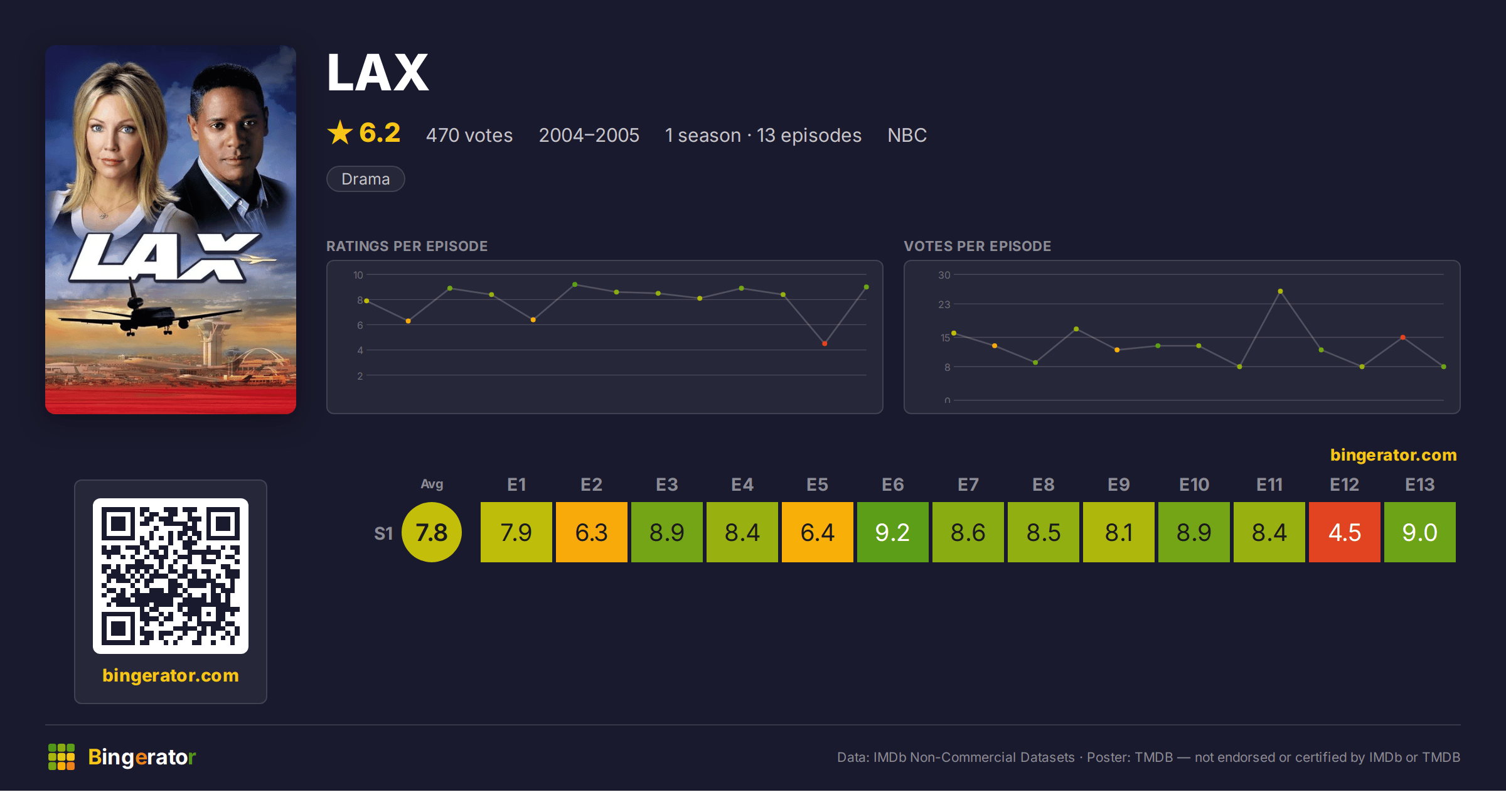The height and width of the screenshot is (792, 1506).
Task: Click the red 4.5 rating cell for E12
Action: (x=1344, y=532)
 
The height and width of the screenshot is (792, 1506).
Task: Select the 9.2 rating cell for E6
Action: (x=892, y=532)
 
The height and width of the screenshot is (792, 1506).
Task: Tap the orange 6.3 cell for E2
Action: (x=591, y=532)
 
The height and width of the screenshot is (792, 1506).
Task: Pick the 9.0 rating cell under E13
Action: (x=1419, y=532)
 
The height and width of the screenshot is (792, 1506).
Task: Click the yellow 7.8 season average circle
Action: (x=432, y=532)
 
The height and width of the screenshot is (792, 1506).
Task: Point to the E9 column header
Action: (x=1118, y=484)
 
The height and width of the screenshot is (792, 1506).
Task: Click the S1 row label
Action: (x=383, y=533)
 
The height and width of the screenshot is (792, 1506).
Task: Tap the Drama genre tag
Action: (x=366, y=179)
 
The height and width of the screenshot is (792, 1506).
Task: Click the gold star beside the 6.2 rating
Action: (x=340, y=132)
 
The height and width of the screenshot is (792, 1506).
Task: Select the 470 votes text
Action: (x=469, y=135)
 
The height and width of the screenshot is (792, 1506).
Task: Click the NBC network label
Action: (x=907, y=135)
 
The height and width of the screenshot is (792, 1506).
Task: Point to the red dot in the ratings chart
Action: (x=825, y=343)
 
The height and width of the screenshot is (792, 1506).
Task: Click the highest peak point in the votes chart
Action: (x=1280, y=291)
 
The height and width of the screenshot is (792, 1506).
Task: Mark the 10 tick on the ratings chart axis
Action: (x=358, y=275)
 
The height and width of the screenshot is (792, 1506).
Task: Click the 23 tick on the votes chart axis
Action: (x=944, y=304)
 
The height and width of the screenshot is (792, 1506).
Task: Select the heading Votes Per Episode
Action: (x=977, y=246)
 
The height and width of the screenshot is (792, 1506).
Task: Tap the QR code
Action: (x=171, y=576)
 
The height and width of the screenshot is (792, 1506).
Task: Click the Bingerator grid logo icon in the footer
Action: (x=61, y=757)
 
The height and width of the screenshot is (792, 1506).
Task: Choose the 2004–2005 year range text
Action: (x=589, y=135)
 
